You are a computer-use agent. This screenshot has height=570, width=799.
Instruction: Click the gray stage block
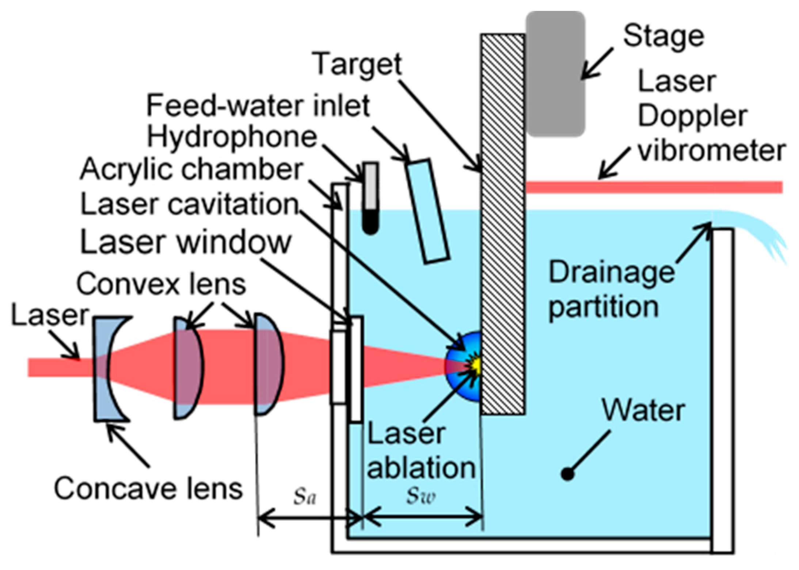pyautogui.click(x=555, y=73)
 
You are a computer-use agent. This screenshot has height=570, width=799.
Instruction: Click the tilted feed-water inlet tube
pyautogui.click(x=428, y=211)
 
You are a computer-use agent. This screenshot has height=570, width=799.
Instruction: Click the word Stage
pyautogui.click(x=663, y=36)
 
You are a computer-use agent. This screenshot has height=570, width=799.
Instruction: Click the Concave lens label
pyautogui.click(x=148, y=488)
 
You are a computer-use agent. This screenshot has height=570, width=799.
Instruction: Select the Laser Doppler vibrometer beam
pyautogui.click(x=654, y=187)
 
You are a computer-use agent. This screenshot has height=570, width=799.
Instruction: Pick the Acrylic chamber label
pyautogui.click(x=191, y=169)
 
